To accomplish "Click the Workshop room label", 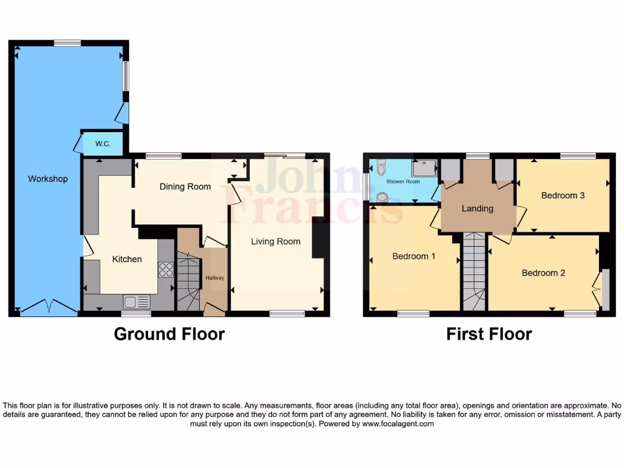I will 48,179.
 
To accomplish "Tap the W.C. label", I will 102,144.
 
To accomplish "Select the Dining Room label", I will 185,186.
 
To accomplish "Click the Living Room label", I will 275,241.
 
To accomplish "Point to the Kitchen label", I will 127,259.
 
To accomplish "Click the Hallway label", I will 214,278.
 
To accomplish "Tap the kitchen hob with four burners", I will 166,269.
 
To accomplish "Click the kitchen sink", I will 136,301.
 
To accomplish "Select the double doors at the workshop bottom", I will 49,308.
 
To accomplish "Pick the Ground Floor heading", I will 169,334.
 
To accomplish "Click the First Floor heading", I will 489,334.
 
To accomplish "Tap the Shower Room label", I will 403,182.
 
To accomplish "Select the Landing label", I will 477,208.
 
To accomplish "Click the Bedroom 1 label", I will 413,256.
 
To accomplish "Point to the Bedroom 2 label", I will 543,273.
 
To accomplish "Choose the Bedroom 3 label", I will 563,196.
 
